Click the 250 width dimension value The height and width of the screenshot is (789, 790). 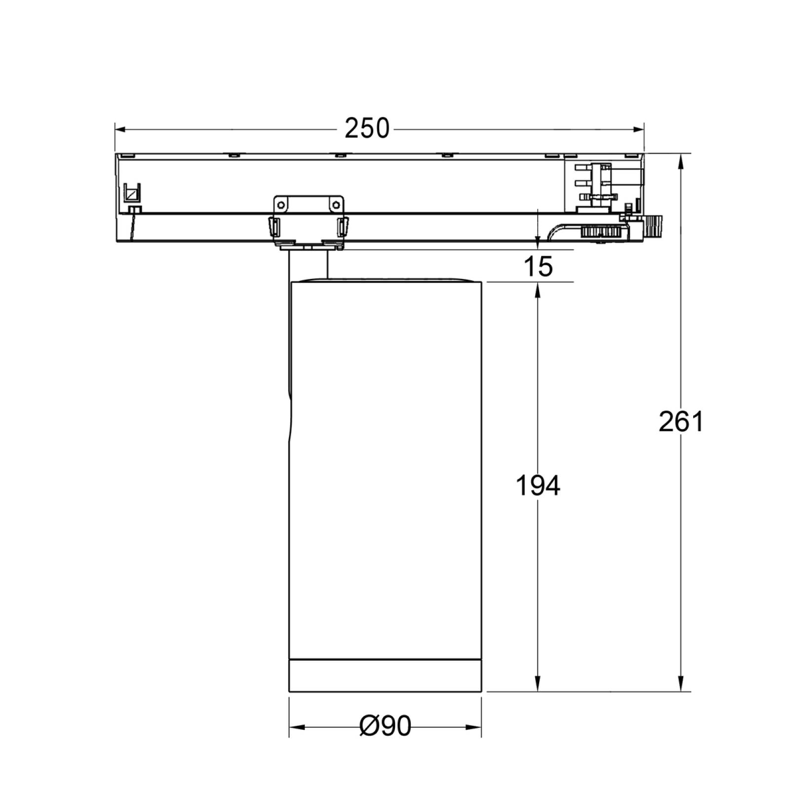point(367,129)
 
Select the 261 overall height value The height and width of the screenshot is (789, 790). point(681,422)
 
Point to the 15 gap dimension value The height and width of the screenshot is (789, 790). point(539,267)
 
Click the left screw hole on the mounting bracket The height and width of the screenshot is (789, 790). point(281,204)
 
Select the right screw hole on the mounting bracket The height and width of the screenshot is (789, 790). point(336,204)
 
